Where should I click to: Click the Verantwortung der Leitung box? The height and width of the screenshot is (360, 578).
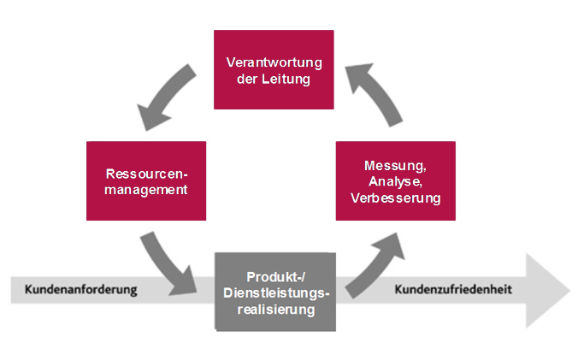(274, 70)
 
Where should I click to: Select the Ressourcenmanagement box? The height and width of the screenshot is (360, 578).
(146, 180)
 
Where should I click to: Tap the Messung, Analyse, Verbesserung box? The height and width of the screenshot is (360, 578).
(395, 180)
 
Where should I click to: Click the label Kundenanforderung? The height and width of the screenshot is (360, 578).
(81, 290)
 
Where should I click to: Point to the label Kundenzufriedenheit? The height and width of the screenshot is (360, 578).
(453, 290)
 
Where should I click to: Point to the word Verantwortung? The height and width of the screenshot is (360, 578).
(273, 62)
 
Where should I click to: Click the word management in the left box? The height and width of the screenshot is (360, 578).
(146, 189)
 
